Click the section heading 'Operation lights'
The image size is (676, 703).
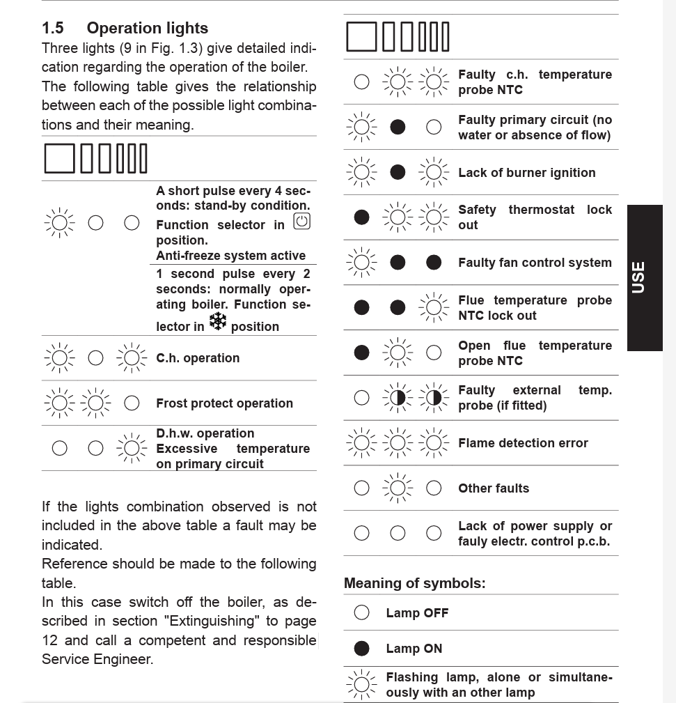[x=147, y=29]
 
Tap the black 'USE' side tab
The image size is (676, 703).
[x=638, y=277]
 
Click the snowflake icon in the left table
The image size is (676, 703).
[x=218, y=321]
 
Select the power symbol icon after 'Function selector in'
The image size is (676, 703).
[x=301, y=222]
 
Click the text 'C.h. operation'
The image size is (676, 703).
[x=198, y=358]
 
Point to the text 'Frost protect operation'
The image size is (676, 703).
[x=224, y=403]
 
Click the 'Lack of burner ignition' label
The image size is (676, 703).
[x=526, y=173]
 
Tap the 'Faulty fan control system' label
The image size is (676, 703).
[x=535, y=263]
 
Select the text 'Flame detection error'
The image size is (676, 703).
[x=523, y=443]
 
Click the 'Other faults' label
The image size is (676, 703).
[x=493, y=488]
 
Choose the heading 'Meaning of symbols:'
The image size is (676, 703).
[x=414, y=583]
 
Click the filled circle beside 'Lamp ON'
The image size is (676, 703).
[x=361, y=649]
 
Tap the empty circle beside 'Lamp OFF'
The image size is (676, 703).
[x=361, y=612]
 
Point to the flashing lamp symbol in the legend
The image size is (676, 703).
[x=361, y=685]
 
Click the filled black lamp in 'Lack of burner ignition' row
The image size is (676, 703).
[x=398, y=172]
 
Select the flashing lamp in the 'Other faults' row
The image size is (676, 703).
[x=398, y=488]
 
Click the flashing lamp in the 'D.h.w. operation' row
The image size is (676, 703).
[x=132, y=448]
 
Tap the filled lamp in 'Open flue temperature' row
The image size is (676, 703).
[x=361, y=353]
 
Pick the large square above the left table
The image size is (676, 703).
[x=59, y=158]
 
